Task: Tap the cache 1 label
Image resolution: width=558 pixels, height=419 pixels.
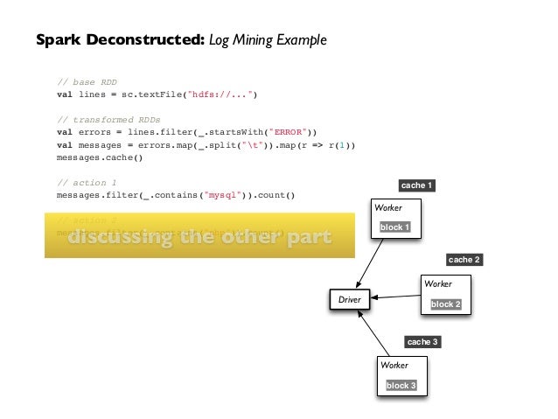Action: [x=416, y=185]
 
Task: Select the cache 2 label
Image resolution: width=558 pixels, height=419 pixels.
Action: [x=464, y=260]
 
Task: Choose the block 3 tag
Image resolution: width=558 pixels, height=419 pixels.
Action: [x=401, y=386]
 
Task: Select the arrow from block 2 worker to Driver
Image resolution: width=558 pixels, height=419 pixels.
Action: [x=394, y=298]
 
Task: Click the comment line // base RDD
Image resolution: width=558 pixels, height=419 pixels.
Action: [x=87, y=82]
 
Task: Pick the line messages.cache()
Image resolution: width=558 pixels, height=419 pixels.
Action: [x=99, y=157]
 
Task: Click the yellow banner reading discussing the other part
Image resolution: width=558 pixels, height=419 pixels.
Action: [x=199, y=237]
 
